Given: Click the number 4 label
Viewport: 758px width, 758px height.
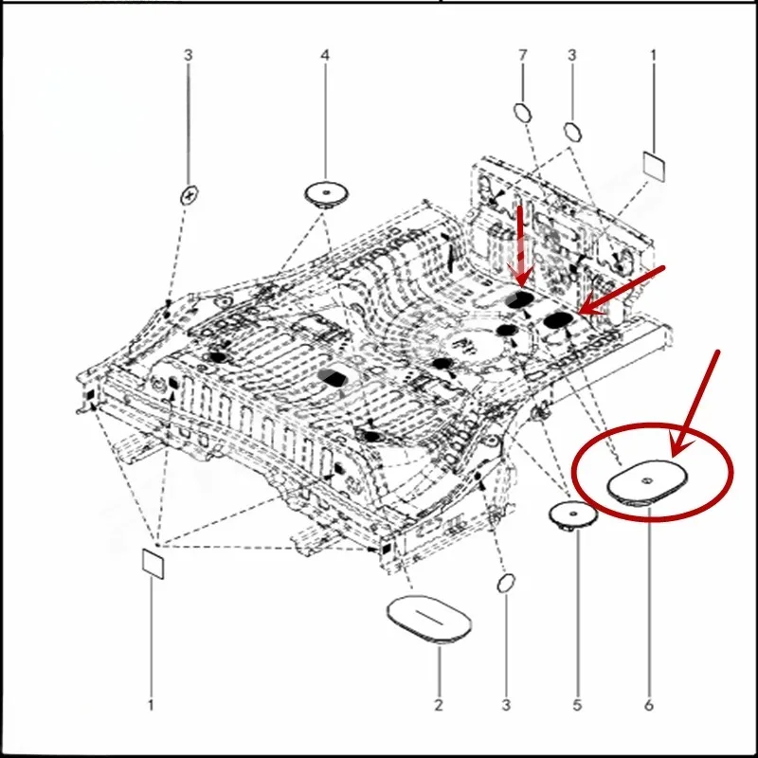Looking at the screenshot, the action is (325, 56).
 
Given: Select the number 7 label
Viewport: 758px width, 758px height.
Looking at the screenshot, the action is (522, 56).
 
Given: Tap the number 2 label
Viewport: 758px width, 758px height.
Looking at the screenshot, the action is (439, 705).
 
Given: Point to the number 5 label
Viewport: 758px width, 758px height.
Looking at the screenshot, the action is (577, 705).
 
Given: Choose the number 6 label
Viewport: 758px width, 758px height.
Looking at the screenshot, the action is (649, 705).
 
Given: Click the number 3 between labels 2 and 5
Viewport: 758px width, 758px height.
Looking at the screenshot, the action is (506, 705).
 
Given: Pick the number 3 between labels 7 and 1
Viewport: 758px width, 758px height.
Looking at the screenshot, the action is (571, 56).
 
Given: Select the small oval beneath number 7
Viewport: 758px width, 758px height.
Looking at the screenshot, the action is (522, 112).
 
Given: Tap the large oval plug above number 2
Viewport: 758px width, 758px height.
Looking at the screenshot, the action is (429, 620).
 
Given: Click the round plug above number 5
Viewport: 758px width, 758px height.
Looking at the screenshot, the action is (571, 514).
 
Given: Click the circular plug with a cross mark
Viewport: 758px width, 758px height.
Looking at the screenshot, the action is (189, 194).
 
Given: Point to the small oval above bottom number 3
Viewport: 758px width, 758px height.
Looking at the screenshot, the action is (506, 581).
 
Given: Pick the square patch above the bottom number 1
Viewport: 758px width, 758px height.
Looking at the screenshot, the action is (153, 561).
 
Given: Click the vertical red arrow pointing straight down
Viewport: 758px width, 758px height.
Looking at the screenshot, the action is (520, 241).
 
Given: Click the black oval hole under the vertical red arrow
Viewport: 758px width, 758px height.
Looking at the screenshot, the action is (519, 299).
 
